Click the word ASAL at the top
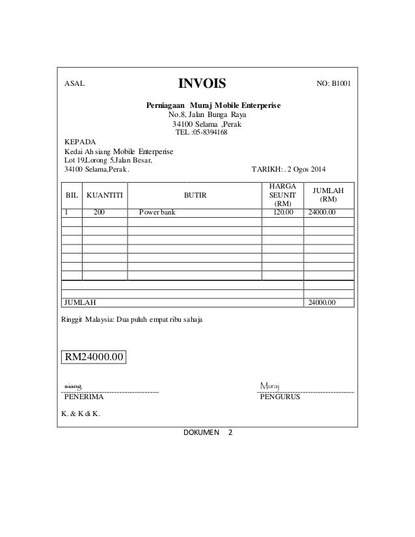[x=74, y=85]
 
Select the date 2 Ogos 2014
[x=308, y=171]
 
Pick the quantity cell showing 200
[x=100, y=212]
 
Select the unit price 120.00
[x=282, y=212]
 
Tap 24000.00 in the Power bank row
[x=321, y=212]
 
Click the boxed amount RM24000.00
[x=93, y=357]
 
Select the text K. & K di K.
[x=81, y=414]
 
